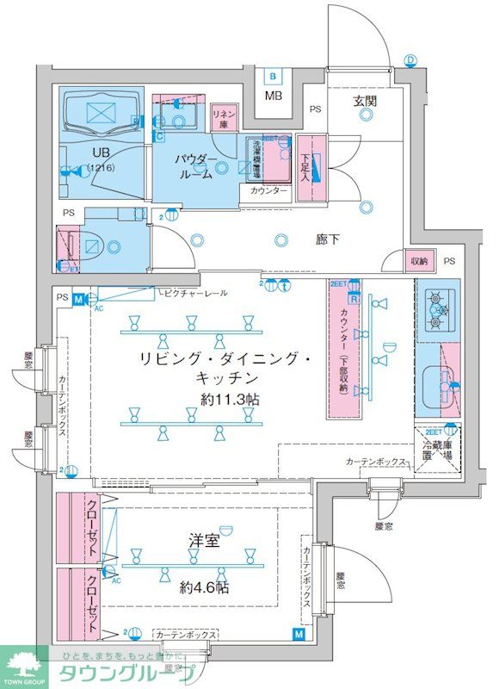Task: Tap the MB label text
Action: (x=274, y=95)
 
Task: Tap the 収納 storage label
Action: (x=419, y=260)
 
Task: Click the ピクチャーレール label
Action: (x=195, y=294)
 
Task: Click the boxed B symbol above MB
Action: (x=273, y=75)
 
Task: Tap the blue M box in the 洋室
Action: (x=298, y=635)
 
